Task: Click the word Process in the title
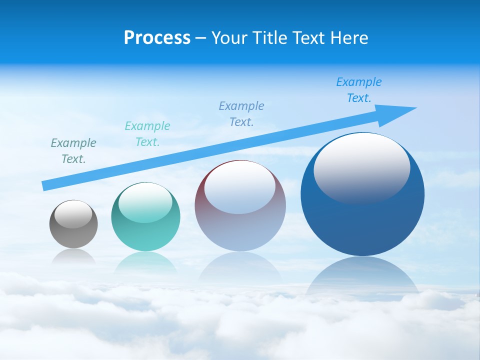click(x=157, y=38)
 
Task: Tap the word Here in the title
click(x=349, y=38)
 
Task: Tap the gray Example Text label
click(x=73, y=151)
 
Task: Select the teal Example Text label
click(x=147, y=134)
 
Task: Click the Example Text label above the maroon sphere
click(x=241, y=113)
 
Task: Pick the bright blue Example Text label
click(x=359, y=90)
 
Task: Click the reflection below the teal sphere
click(x=145, y=262)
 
